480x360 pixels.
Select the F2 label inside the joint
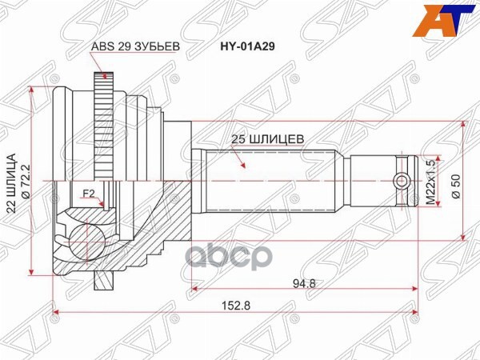(90, 192)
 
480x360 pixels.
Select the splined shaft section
(272, 181)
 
